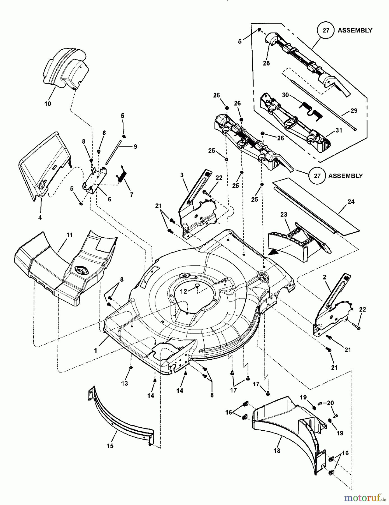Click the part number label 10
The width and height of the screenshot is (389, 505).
point(48,104)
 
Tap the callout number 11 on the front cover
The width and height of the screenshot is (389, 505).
point(69,235)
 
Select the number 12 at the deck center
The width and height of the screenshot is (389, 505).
point(183,291)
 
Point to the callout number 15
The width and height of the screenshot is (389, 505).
point(110,446)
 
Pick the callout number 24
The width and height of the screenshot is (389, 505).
point(351,202)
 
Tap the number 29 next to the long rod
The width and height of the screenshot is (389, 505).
point(354,111)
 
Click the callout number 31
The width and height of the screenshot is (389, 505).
point(339,130)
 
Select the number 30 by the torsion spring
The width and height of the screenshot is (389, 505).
point(285,95)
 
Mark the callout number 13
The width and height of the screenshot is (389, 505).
point(125,383)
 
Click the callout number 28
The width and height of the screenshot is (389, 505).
point(266,63)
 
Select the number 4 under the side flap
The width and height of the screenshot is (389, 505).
point(40,217)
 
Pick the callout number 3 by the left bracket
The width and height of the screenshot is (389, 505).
point(182,175)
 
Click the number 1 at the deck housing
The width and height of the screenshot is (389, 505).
point(96,350)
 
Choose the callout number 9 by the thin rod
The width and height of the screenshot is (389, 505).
point(135,146)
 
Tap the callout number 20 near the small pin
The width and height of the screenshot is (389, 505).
point(330,403)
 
